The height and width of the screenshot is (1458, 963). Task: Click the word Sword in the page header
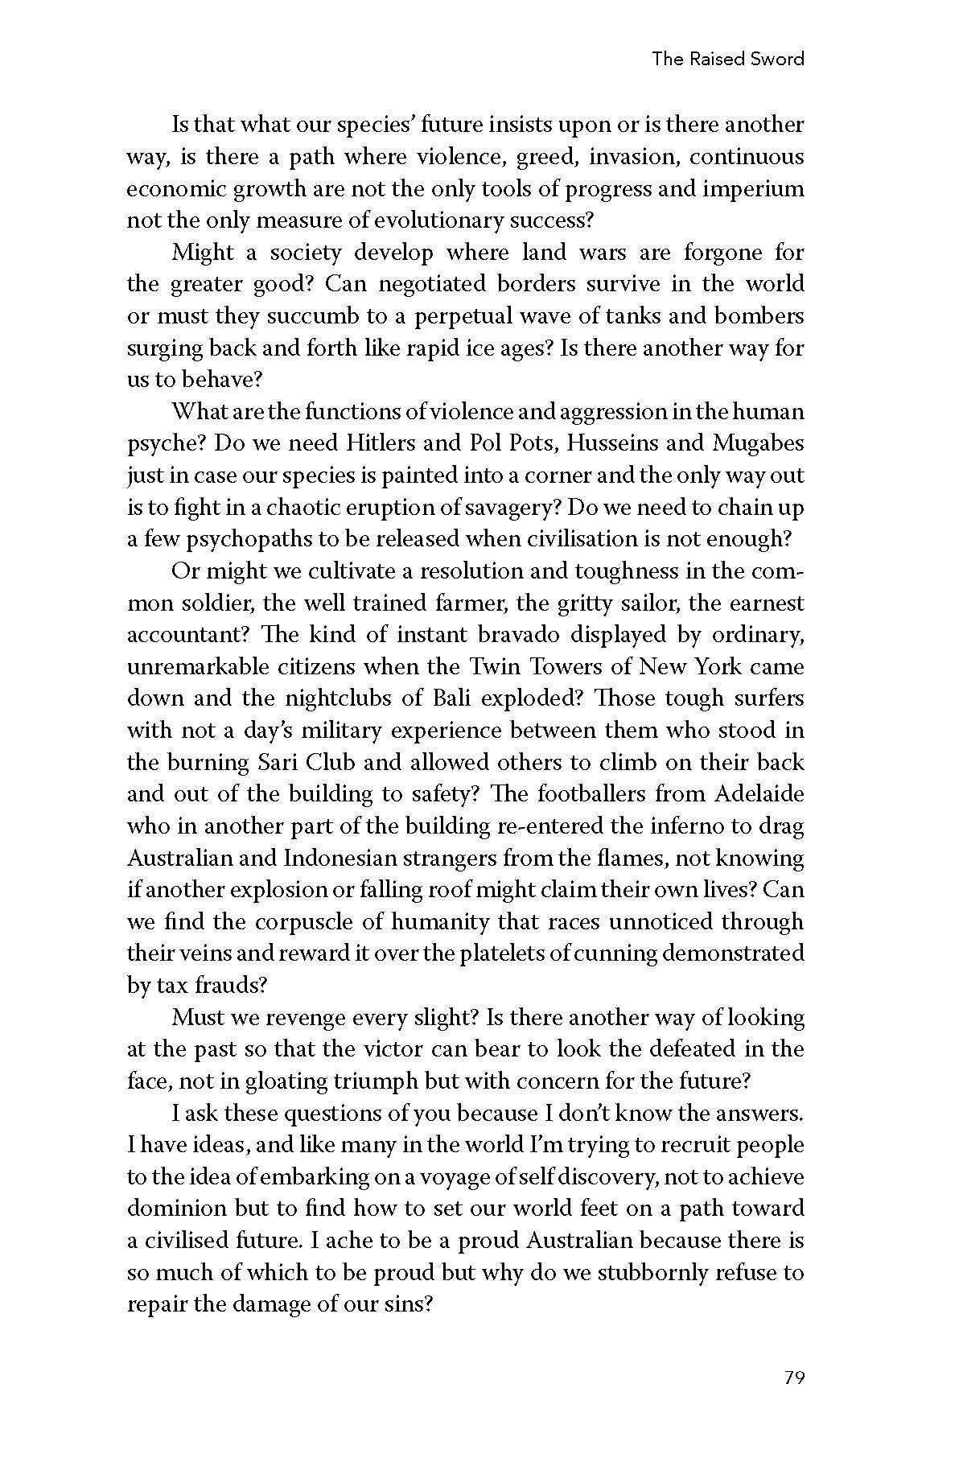[x=776, y=59]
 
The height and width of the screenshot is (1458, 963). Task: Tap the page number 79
[x=793, y=1378]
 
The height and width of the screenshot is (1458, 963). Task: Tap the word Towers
[x=581, y=667]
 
